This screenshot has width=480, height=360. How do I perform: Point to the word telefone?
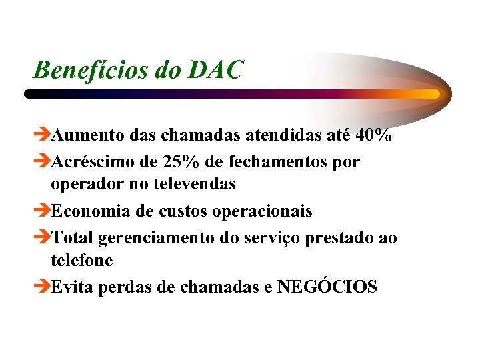point(82,260)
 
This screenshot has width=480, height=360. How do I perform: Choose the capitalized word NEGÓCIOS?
point(327,287)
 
